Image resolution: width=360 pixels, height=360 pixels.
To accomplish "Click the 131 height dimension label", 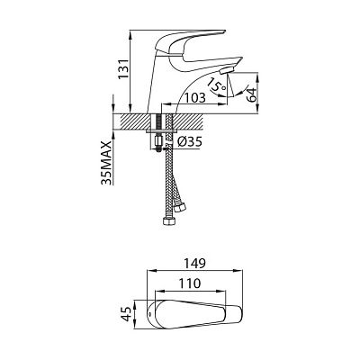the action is point(123,68).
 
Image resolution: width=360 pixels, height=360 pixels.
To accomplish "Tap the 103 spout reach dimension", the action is point(194,98).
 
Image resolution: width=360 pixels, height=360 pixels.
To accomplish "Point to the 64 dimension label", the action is point(251,94).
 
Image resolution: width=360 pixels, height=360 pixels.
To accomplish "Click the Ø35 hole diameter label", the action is point(189,142).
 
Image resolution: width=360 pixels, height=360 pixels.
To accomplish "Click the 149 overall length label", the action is point(194,263).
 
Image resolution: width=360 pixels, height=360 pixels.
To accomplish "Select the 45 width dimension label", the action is point(128,314).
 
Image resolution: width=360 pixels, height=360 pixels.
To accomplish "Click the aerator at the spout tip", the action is point(227,71).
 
